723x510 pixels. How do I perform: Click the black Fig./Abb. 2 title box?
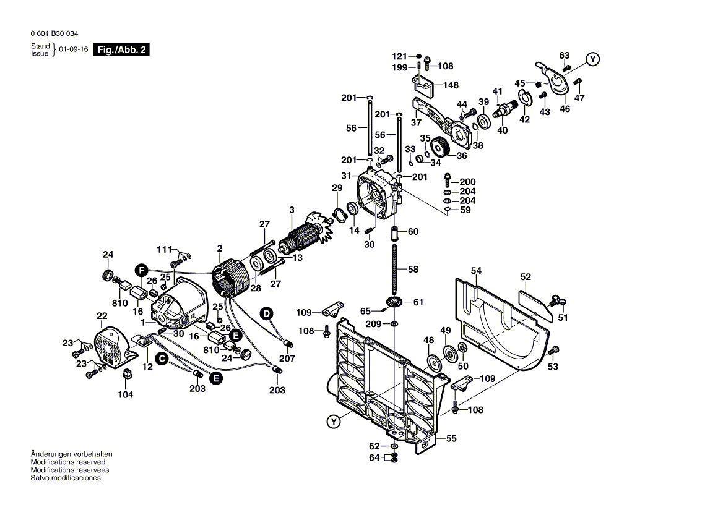point(121,49)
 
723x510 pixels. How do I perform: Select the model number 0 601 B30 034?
point(54,33)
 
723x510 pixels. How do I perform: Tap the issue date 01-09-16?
point(73,49)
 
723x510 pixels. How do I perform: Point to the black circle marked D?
point(266,314)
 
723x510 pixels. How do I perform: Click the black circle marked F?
point(141,270)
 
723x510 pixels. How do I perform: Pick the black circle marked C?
point(162,358)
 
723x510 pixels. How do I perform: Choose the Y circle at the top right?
point(592,59)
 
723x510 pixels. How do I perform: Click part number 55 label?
point(451,439)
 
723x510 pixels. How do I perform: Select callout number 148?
point(451,85)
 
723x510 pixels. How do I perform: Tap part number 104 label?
point(126,394)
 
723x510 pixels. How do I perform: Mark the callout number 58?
point(413,270)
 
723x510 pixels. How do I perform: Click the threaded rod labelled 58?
point(395,270)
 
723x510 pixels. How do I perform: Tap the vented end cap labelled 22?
point(114,349)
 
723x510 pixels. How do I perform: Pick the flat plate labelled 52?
point(536,305)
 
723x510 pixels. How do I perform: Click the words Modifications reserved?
point(68,462)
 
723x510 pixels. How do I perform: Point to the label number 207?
point(287,359)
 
